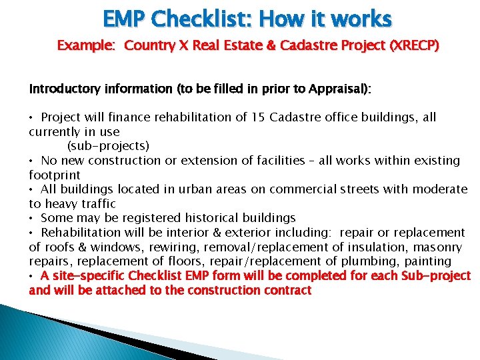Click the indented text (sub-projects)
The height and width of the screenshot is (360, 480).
pos(108,146)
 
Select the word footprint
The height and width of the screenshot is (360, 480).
pos(55,175)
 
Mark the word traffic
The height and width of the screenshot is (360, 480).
pos(98,204)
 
